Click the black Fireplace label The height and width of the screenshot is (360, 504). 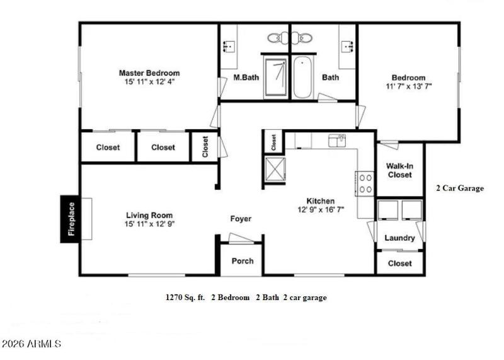pyautogui.click(x=71, y=219)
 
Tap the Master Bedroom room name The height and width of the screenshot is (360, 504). pyautogui.click(x=149, y=73)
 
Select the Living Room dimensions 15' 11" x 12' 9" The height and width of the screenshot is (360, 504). pyautogui.click(x=149, y=223)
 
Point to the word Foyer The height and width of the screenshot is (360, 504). pyautogui.click(x=240, y=219)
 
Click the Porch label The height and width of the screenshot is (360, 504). pyautogui.click(x=243, y=261)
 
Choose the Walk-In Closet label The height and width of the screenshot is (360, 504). pyautogui.click(x=399, y=170)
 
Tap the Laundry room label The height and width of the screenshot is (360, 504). pyautogui.click(x=399, y=238)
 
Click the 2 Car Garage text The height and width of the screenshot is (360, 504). pyautogui.click(x=460, y=188)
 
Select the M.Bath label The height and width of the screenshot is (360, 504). pyautogui.click(x=244, y=78)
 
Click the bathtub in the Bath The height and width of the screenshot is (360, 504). pyautogui.click(x=303, y=78)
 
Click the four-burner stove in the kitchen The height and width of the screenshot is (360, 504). pyautogui.click(x=365, y=183)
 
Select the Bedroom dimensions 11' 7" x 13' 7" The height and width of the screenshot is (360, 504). pyautogui.click(x=409, y=86)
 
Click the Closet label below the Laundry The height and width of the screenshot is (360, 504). pyautogui.click(x=399, y=263)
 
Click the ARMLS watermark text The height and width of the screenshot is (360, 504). pyautogui.click(x=31, y=344)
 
